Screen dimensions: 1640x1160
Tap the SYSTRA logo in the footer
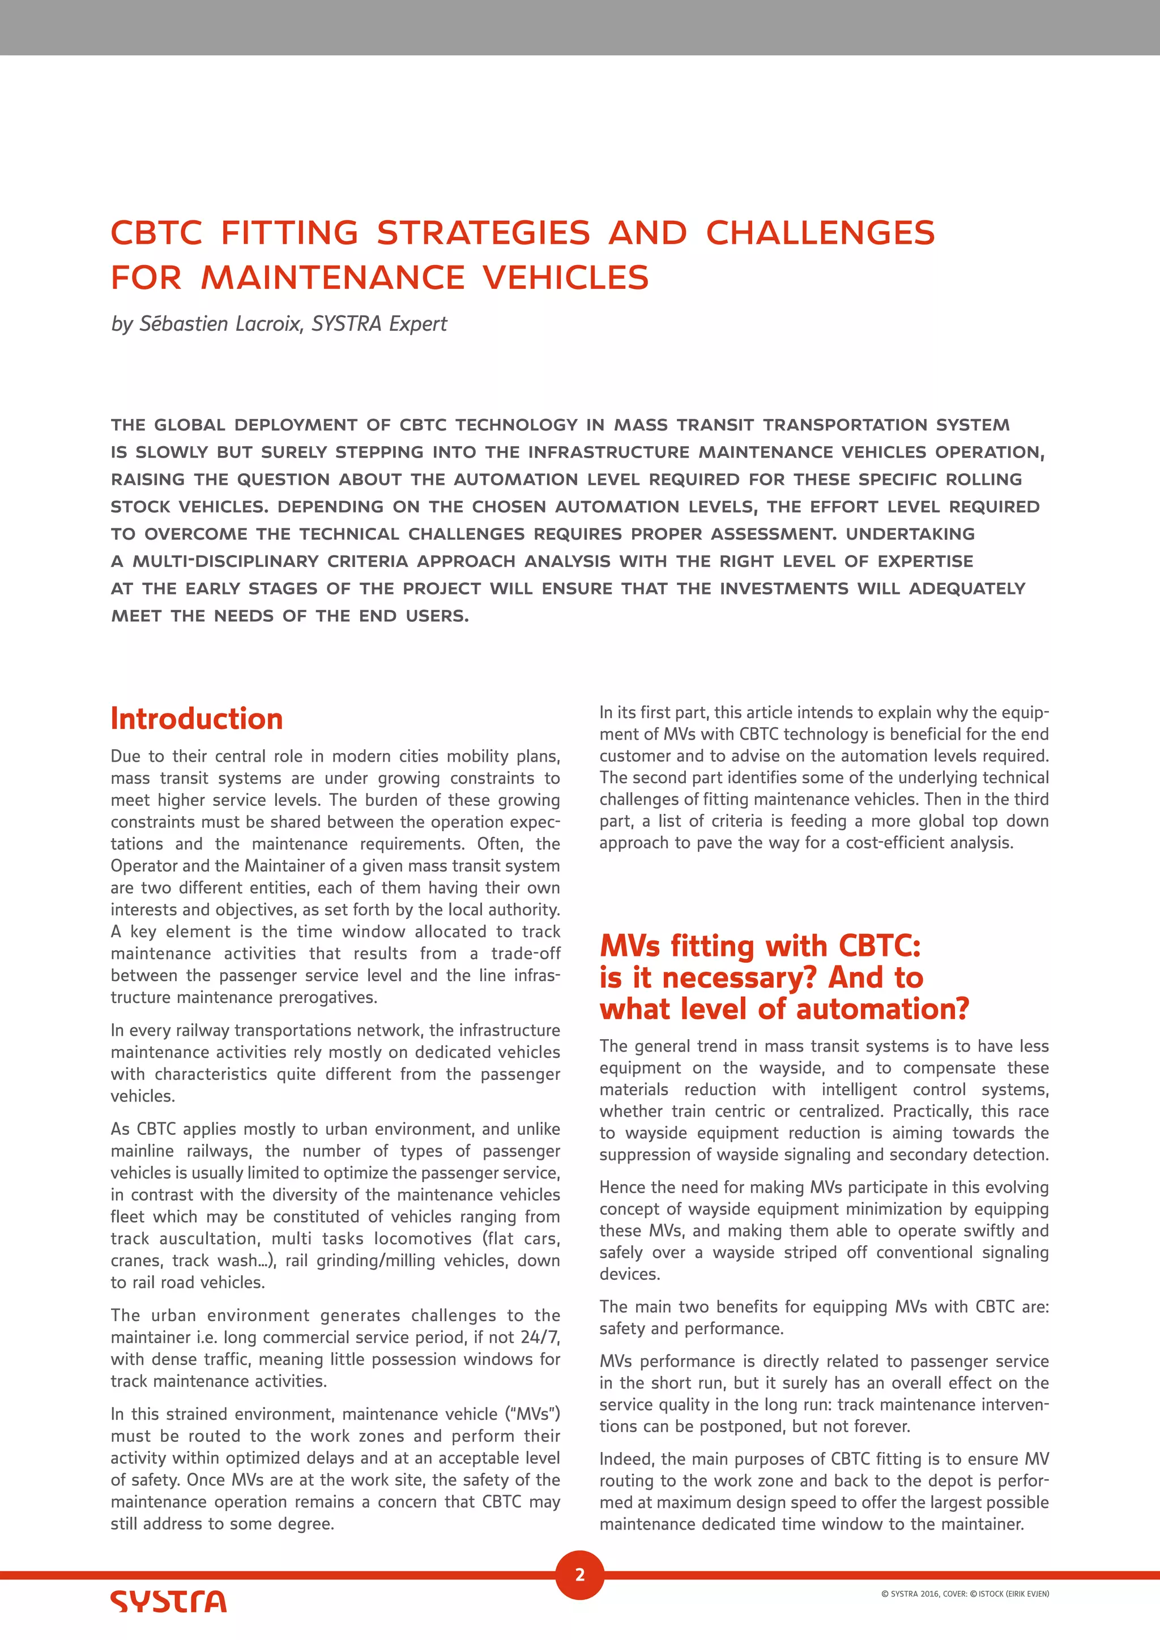169,1601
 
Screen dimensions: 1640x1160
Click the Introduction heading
197,719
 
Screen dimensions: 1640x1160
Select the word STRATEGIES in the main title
484,233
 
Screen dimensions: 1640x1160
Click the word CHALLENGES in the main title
820,233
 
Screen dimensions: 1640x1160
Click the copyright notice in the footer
964,1594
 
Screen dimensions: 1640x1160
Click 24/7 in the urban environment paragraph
541,1337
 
